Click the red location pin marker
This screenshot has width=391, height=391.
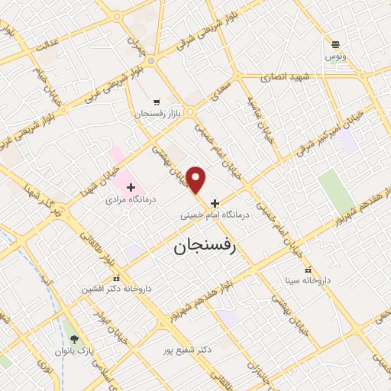197,180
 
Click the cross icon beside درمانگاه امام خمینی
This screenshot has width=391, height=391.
215,204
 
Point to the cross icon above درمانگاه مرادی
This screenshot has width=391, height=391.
131,186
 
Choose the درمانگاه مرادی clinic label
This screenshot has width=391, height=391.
131,199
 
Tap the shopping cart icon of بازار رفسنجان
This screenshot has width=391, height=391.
157,102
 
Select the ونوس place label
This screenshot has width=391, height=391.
335,57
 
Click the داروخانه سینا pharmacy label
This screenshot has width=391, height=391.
307,280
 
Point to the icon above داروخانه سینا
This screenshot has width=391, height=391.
308,270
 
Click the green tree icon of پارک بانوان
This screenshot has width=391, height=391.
74,339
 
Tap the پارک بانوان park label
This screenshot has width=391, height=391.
73,351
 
